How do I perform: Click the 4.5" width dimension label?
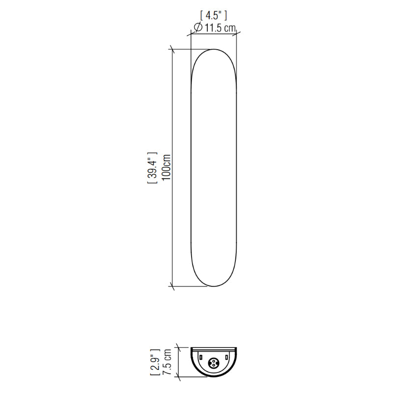[x=214, y=16]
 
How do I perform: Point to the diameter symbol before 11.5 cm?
[x=198, y=27]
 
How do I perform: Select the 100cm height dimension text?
[x=167, y=167]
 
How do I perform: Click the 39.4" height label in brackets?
[x=152, y=168]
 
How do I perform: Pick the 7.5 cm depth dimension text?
[x=167, y=362]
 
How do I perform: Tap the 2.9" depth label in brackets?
[x=155, y=362]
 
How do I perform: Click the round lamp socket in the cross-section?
[x=214, y=362]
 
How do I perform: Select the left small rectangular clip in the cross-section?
[x=201, y=357]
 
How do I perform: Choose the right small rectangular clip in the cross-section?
[x=226, y=357]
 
